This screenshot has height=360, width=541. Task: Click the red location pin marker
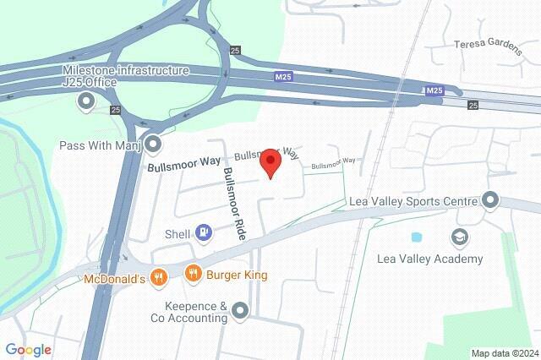click(270, 161)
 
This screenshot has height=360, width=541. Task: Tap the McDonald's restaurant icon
click(157, 275)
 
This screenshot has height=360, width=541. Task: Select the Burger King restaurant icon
click(194, 273)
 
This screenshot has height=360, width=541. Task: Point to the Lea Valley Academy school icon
click(460, 237)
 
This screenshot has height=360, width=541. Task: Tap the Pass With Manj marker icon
click(153, 145)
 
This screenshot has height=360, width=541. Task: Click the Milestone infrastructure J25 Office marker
click(85, 103)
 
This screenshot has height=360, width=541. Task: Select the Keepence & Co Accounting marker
click(241, 312)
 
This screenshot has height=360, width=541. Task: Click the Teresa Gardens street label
click(489, 44)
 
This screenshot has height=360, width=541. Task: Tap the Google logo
click(28, 350)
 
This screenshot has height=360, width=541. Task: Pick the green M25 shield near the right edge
click(434, 90)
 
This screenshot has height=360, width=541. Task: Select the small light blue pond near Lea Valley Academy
click(416, 237)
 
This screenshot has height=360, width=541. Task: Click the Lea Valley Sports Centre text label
click(413, 202)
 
